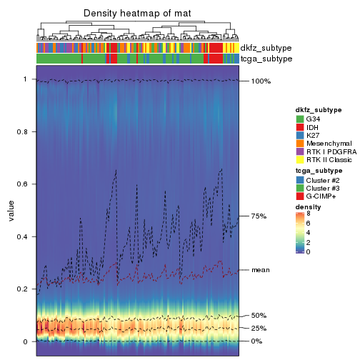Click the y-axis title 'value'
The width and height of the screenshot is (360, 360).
click(11, 211)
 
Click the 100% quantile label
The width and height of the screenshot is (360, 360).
click(261, 81)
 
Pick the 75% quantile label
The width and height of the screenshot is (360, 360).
click(259, 216)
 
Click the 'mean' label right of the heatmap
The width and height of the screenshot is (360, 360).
click(261, 270)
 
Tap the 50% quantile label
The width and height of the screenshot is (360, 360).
click(259, 316)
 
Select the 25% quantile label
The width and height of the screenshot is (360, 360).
click(259, 329)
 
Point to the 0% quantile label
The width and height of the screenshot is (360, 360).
click(257, 341)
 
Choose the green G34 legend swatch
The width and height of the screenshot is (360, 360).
click(300, 119)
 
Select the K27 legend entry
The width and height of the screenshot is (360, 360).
click(314, 135)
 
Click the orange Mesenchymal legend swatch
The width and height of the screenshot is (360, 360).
click(300, 144)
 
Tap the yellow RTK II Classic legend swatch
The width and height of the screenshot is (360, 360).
click(300, 160)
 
